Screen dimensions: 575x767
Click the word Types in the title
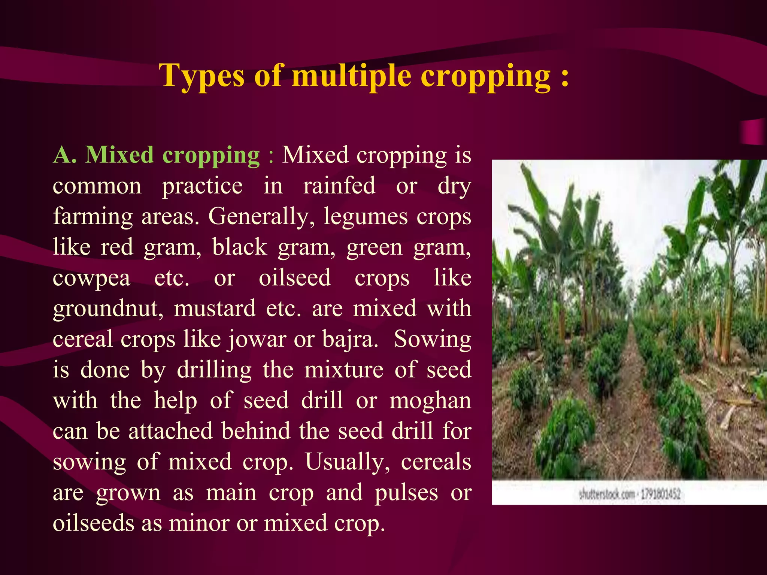(x=202, y=76)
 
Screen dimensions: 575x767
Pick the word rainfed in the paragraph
(x=339, y=186)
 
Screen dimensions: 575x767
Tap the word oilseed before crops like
(x=295, y=278)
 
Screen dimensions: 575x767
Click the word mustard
(x=215, y=308)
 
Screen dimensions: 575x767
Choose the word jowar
(x=257, y=340)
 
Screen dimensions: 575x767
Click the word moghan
(x=430, y=401)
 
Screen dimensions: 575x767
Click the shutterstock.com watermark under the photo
(x=607, y=495)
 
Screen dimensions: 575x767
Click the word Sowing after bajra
(x=433, y=340)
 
